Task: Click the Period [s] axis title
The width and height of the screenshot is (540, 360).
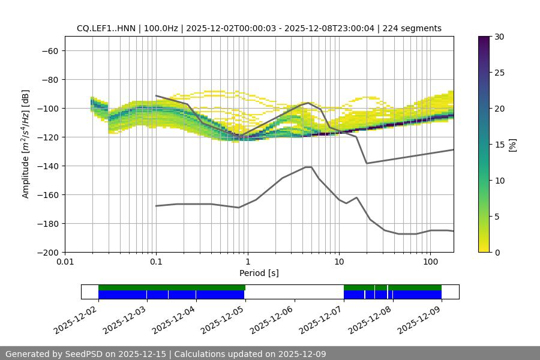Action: [x=259, y=274]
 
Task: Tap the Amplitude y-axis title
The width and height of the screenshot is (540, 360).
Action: [x=26, y=144]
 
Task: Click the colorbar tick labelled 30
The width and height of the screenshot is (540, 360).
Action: [x=499, y=37]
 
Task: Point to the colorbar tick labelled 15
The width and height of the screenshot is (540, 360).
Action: [x=499, y=145]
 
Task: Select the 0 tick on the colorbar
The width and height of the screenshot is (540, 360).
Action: [x=496, y=252]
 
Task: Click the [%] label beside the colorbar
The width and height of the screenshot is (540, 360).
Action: [x=512, y=144]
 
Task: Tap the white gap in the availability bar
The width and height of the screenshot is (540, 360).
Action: [x=294, y=292]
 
